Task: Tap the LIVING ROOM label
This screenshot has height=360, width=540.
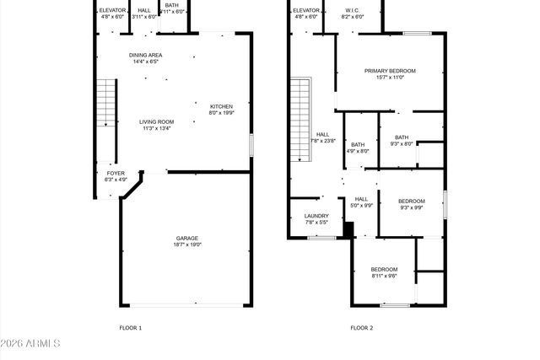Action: pos(156,121)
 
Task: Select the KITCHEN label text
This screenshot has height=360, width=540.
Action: pos(221,106)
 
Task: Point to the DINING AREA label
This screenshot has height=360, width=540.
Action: pos(146,54)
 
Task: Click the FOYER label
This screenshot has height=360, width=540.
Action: pos(116,173)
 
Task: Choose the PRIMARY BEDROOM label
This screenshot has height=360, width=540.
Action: pos(390,71)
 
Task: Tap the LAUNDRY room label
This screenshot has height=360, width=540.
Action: pos(316,216)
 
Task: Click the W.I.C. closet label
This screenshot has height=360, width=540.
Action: pos(353,9)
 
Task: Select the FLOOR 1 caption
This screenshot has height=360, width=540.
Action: pos(130,327)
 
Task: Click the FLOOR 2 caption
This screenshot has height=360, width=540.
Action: pos(361,327)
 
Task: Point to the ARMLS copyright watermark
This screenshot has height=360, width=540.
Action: pos(31,343)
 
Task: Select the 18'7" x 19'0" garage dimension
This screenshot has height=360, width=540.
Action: pos(188,244)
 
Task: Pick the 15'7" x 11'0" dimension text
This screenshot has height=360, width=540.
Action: pos(390,78)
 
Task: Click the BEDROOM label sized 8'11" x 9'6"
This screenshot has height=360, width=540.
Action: pos(384,269)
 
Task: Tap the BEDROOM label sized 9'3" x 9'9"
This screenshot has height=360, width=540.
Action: pos(412,201)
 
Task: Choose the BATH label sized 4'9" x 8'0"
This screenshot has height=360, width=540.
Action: pos(359,144)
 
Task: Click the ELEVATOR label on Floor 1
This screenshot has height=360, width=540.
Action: pos(112,9)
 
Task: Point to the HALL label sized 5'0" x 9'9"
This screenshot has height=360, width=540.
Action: pos(361,199)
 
